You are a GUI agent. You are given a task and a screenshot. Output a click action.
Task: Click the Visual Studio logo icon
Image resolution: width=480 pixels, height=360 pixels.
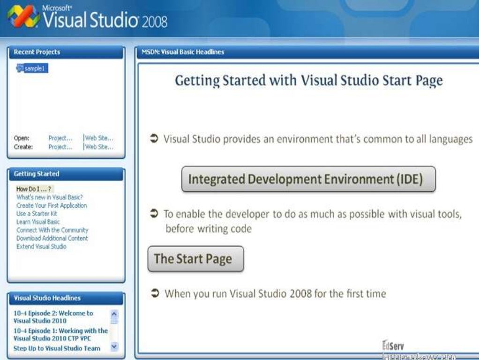[x=23, y=16]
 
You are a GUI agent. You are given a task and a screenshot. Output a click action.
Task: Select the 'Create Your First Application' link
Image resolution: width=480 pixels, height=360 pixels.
[x=52, y=205]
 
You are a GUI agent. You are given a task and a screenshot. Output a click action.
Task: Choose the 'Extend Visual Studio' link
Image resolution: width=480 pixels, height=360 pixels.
[x=41, y=247]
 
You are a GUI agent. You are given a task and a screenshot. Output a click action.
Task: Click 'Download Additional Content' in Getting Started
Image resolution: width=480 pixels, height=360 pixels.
[x=52, y=238]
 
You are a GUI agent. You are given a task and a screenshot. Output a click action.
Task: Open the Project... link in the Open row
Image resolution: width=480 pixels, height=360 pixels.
[x=60, y=138]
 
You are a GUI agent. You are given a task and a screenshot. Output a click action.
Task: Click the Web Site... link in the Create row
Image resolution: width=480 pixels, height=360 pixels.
[x=99, y=147]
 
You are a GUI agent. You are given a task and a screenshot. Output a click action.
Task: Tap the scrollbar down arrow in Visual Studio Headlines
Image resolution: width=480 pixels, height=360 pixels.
[x=114, y=347]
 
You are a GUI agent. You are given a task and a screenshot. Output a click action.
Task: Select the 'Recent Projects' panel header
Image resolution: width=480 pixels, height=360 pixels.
[x=37, y=52]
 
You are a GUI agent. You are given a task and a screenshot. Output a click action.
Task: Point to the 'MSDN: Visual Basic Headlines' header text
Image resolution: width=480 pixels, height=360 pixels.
[x=183, y=52]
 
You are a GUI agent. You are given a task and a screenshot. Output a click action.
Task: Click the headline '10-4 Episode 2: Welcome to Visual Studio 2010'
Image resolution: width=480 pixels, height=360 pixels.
[x=53, y=317]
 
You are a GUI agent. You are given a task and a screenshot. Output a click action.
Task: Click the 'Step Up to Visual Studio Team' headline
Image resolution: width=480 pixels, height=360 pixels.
[x=57, y=348]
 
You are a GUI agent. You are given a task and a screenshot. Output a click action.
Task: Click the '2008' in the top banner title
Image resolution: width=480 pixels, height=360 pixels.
[x=154, y=22]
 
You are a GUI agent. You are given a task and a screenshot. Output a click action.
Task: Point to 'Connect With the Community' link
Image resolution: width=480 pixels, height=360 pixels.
[x=52, y=230]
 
